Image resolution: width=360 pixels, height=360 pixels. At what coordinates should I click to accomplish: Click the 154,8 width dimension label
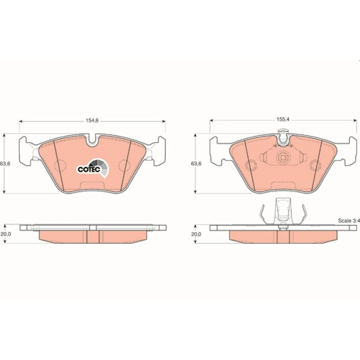[x=92, y=120]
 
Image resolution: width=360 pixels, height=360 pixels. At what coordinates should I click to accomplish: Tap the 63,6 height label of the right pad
[x=196, y=164]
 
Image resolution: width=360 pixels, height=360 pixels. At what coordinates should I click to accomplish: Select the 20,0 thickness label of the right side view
[x=196, y=234]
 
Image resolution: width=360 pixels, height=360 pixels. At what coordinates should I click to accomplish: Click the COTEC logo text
[x=89, y=169]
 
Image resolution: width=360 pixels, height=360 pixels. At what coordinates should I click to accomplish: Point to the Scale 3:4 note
[x=348, y=221]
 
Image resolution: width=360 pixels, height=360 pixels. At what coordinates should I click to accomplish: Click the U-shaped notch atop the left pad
[x=92, y=140]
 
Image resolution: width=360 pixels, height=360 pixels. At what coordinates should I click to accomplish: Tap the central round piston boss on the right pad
[x=282, y=157]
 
